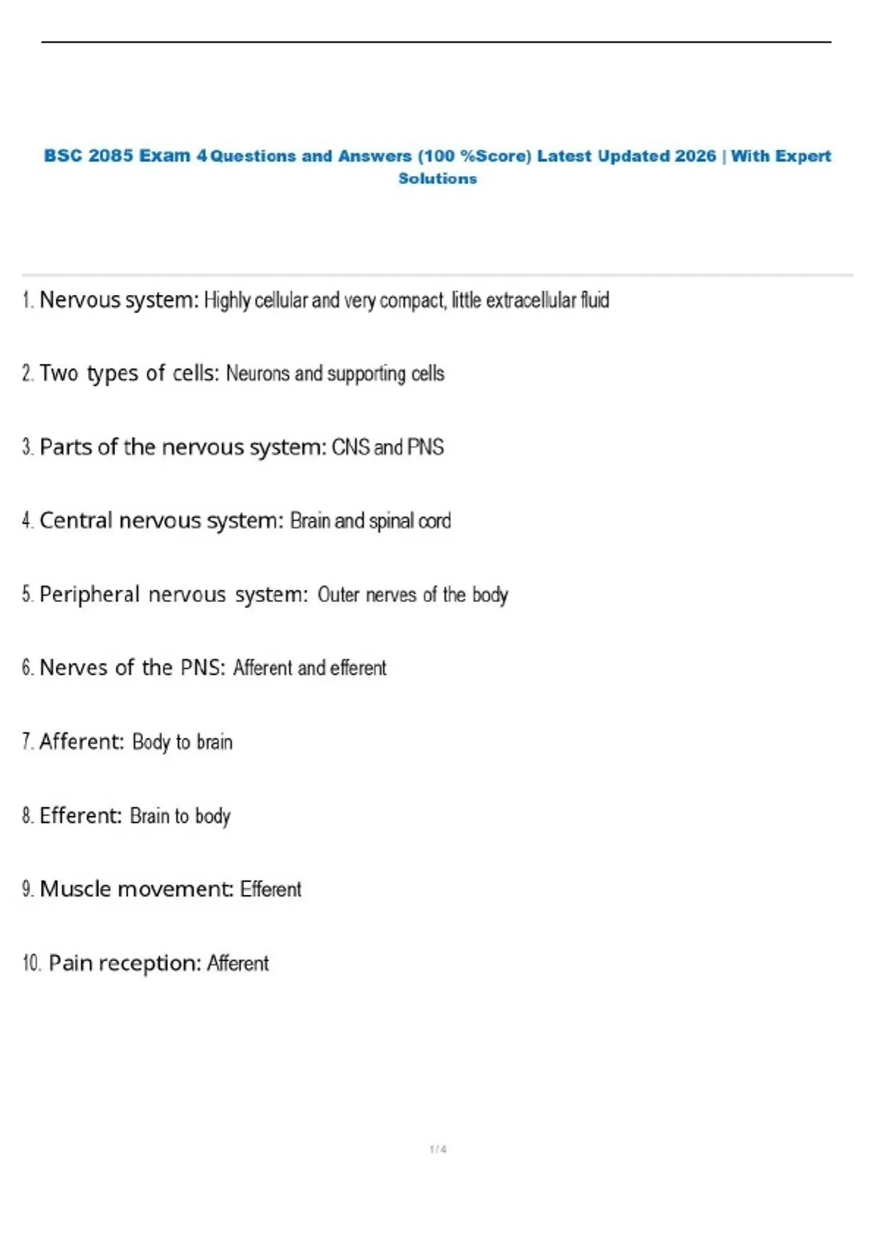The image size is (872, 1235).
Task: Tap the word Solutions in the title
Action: [x=437, y=179]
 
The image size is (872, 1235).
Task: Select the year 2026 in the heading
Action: [x=695, y=156]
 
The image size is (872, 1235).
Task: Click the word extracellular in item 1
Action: [x=530, y=300]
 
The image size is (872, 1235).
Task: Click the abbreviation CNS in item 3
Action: [x=350, y=448]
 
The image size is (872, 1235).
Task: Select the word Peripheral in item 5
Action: [x=89, y=594]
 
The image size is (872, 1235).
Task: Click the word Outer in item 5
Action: [x=339, y=595]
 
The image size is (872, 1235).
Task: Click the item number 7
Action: [x=27, y=742]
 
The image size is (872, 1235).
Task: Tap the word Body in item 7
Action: [x=150, y=742]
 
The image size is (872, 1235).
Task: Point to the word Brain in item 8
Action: [x=149, y=816]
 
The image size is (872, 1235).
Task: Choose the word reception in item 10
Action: [x=149, y=964]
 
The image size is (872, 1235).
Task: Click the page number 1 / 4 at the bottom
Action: [x=437, y=1149]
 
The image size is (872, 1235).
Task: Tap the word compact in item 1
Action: [x=412, y=300]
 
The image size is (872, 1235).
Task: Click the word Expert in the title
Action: [x=802, y=156]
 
